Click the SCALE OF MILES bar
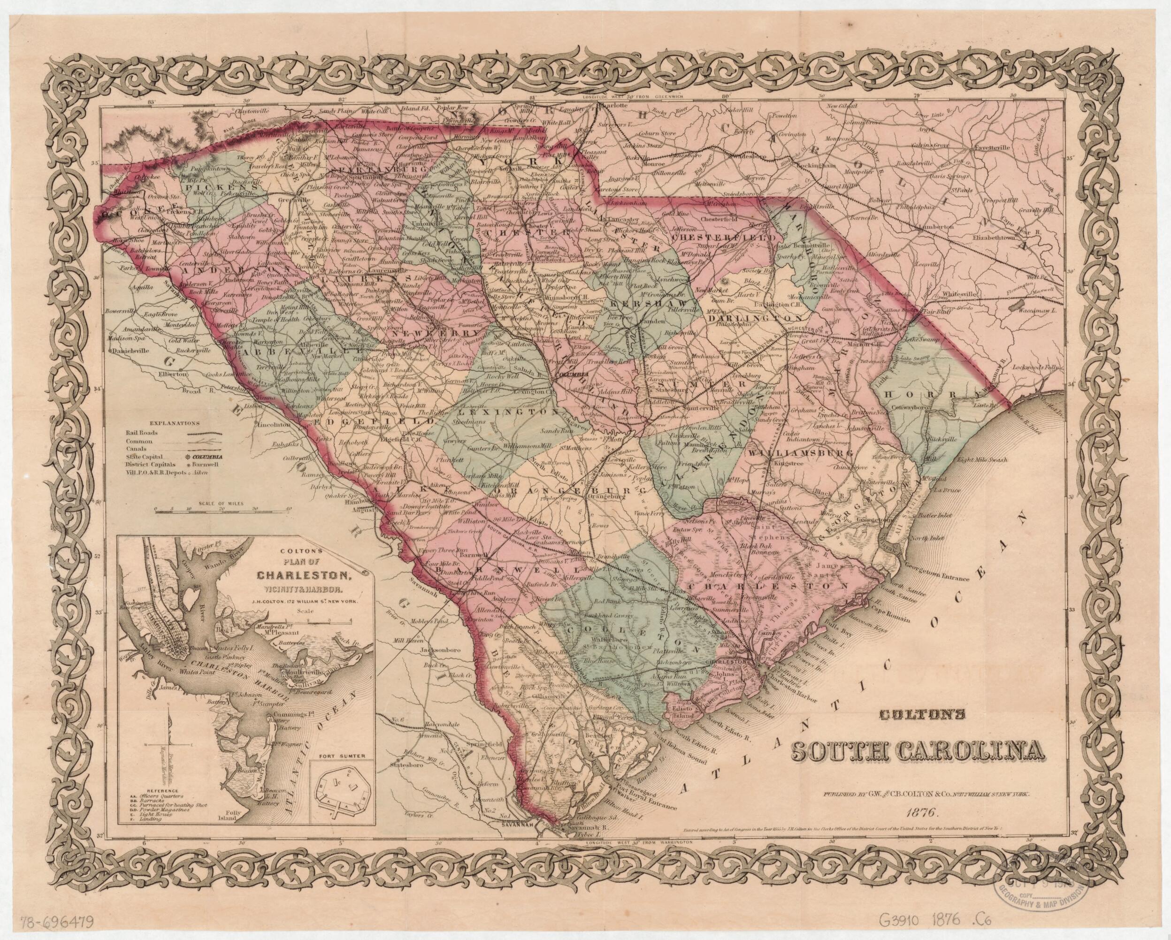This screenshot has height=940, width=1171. coord(221,509)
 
